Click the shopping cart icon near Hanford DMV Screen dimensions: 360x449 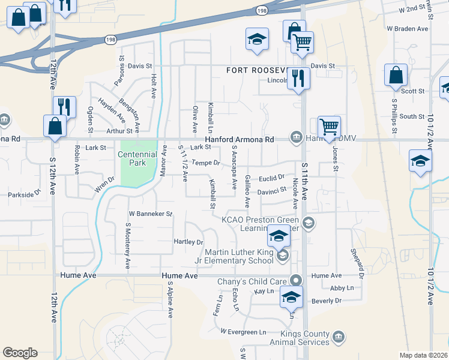tap(329, 127)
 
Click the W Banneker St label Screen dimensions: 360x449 tap(151, 213)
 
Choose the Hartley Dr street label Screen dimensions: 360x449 tap(188, 242)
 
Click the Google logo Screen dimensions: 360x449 tap(20, 353)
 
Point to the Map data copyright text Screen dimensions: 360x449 tap(424, 355)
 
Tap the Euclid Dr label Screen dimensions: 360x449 tap(271, 178)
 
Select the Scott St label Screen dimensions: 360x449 tap(412, 91)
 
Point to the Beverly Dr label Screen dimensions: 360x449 tap(327, 300)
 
